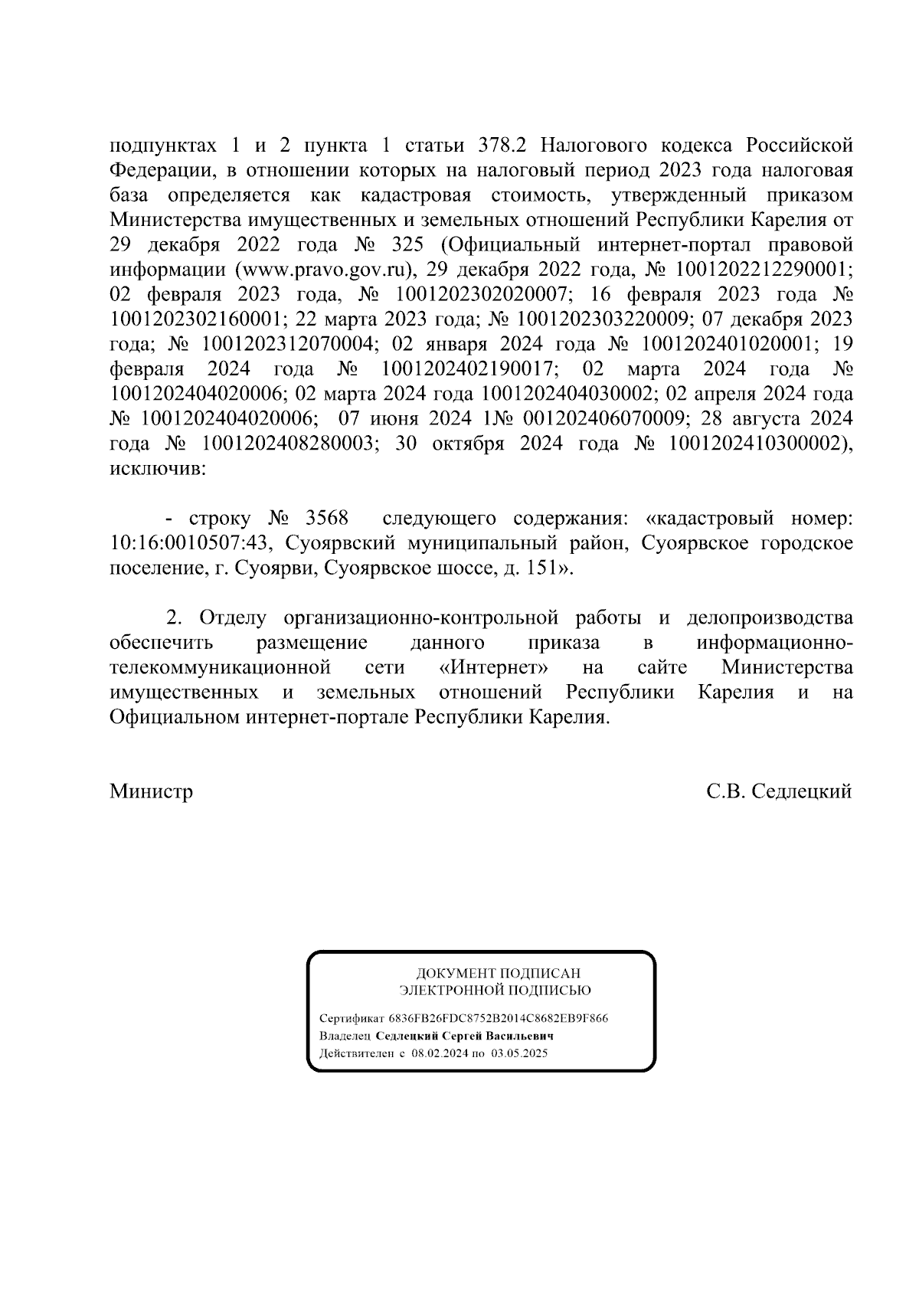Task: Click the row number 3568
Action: tap(327, 519)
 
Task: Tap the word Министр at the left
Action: tap(151, 791)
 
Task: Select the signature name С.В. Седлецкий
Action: tap(779, 791)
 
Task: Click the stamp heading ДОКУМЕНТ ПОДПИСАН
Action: tap(498, 973)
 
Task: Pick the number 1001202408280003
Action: tap(289, 444)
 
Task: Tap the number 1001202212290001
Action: tap(764, 270)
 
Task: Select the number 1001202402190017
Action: tap(469, 370)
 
